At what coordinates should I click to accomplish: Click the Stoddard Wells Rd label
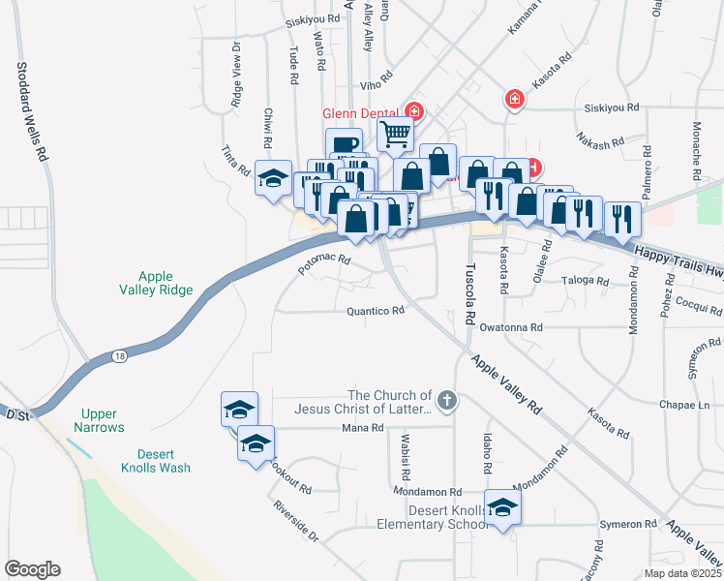tap(30, 111)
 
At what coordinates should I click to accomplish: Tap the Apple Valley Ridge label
tap(166, 283)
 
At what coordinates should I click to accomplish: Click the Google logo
tap(32, 569)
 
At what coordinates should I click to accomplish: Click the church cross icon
tap(446, 399)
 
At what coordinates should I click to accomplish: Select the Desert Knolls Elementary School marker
tap(502, 508)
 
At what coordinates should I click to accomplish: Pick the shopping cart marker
tap(395, 135)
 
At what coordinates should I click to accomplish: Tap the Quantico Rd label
tap(376, 312)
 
